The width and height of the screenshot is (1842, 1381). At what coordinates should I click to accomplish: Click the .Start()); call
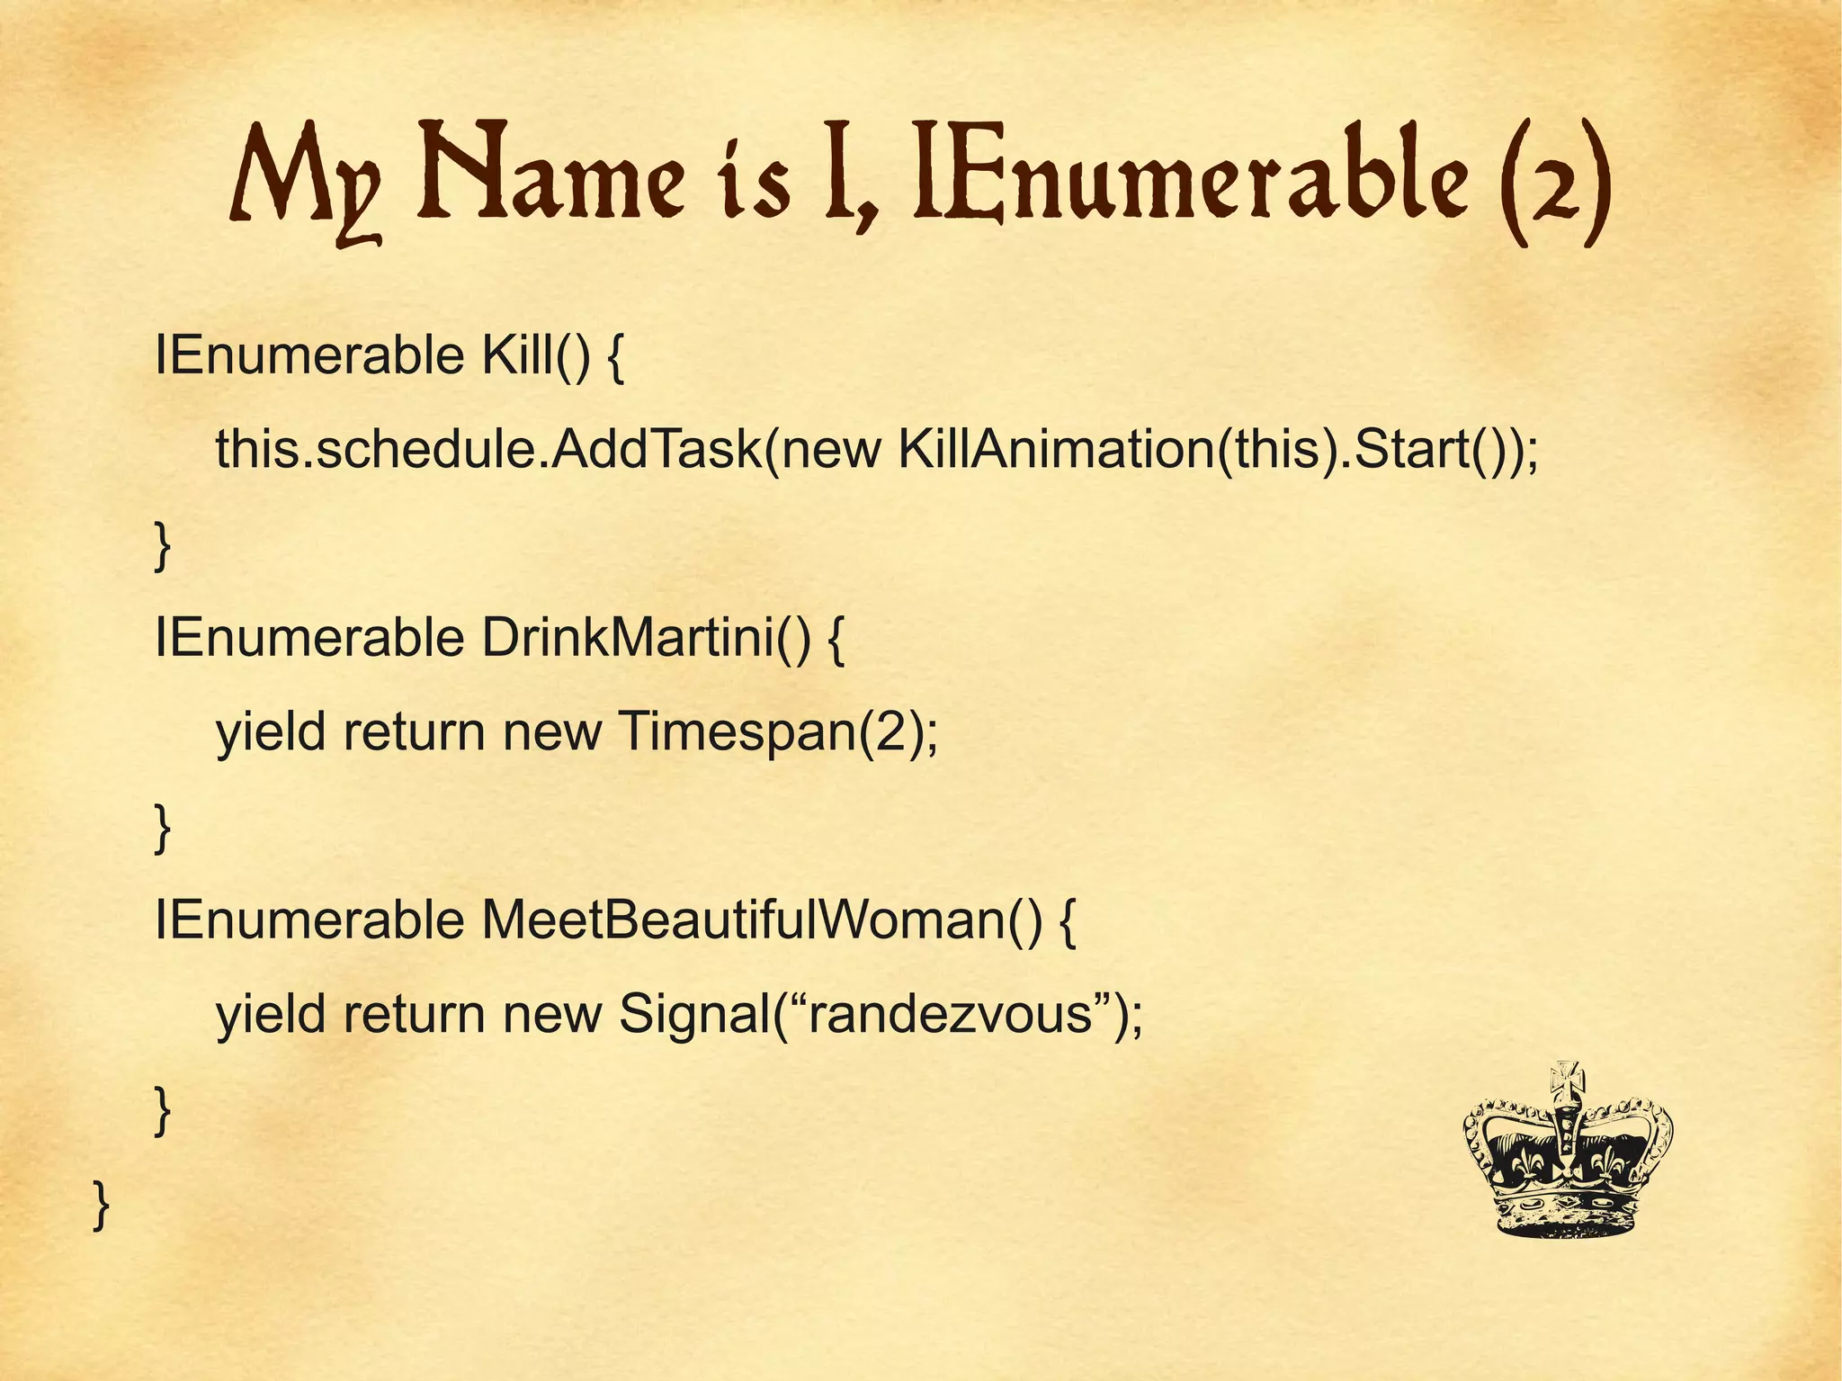click(1438, 449)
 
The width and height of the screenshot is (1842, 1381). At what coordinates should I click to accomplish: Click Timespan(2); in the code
click(779, 731)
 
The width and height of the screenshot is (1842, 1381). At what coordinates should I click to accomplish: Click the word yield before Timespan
click(270, 731)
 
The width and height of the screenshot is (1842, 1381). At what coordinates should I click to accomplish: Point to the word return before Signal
click(414, 1014)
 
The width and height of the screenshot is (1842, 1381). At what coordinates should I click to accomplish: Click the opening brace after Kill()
click(615, 359)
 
